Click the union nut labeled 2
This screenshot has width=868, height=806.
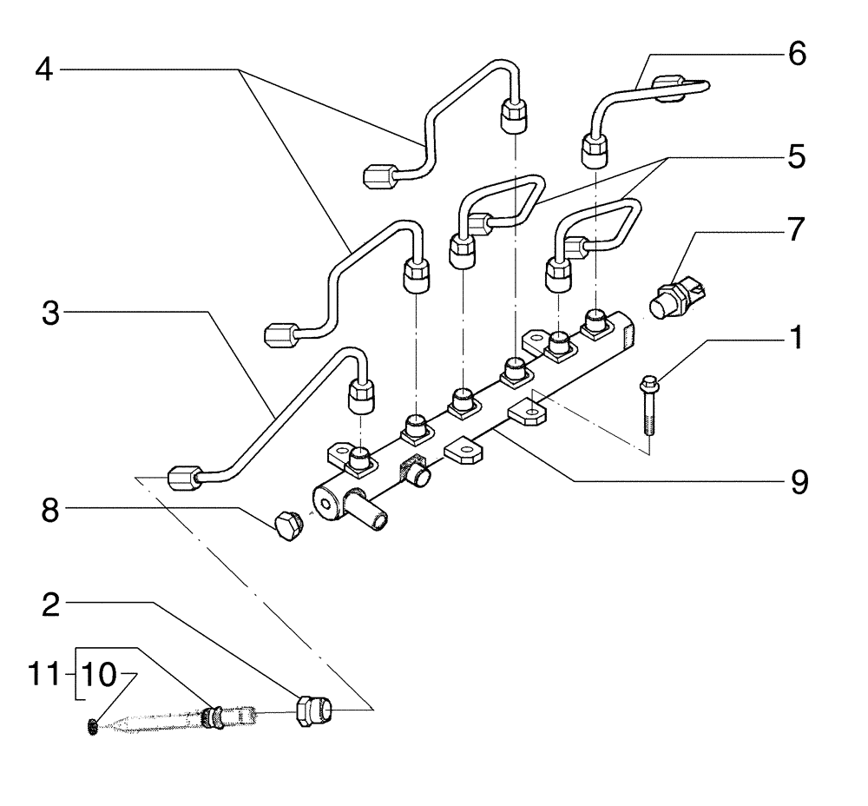point(312,710)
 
